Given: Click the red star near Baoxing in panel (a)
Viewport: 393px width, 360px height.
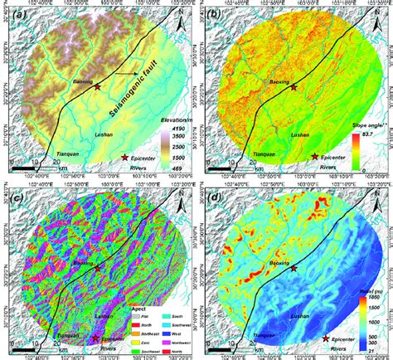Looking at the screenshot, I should pos(98,85).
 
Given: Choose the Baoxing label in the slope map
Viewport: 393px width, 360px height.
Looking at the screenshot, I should pos(281,82).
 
